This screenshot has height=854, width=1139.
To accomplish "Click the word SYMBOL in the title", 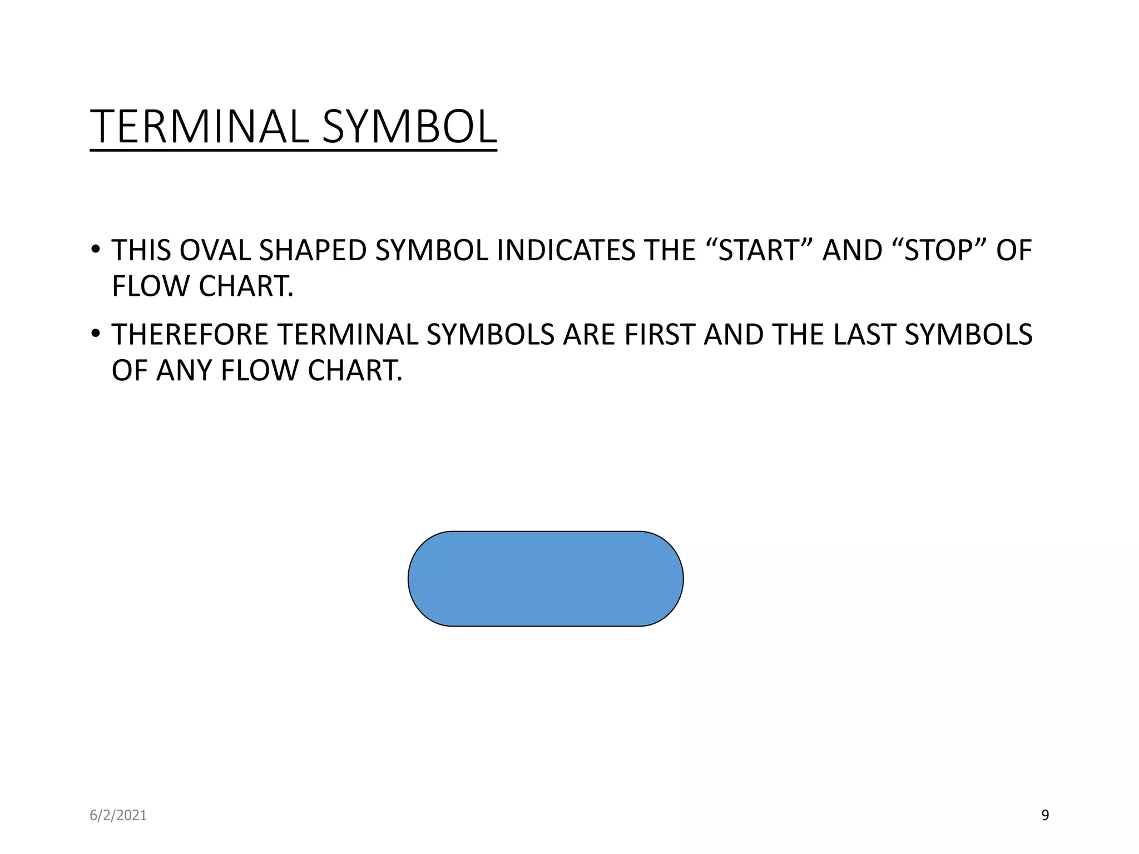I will (409, 127).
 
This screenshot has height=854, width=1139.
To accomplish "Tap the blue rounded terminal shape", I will (545, 579).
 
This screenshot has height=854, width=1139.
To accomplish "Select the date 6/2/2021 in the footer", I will (118, 815).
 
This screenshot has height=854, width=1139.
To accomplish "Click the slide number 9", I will (1044, 815).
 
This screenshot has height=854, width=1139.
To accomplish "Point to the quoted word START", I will (759, 250).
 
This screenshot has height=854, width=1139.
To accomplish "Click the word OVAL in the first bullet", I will (215, 250).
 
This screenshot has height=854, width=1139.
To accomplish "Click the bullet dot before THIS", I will (96, 249).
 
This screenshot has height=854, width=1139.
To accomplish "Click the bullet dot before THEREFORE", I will (96, 333).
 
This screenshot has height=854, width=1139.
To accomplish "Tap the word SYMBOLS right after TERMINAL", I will (491, 335).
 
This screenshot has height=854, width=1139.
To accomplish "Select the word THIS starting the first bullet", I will (141, 250).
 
